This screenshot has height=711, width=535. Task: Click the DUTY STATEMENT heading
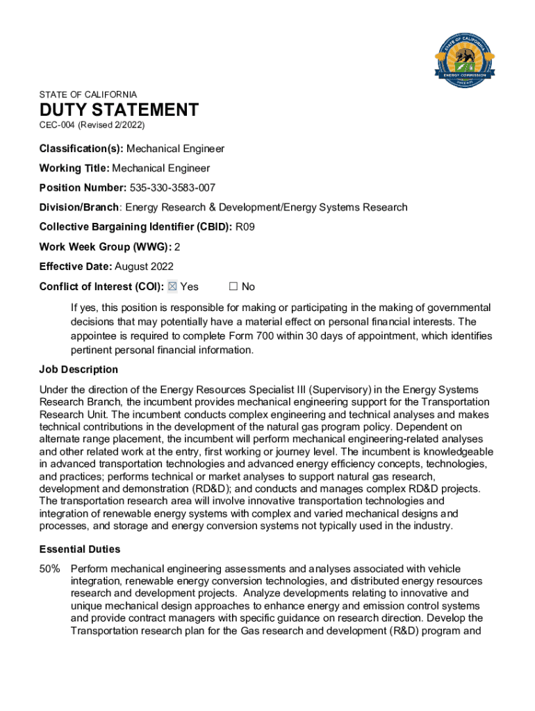tap(119, 110)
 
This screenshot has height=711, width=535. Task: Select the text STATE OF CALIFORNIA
tap(88, 94)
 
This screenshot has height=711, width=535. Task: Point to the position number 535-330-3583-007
tap(172, 188)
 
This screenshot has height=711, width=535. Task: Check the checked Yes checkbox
tap(173, 287)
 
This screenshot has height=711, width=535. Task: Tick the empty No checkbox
tap(233, 287)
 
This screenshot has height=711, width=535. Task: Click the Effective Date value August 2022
tap(144, 267)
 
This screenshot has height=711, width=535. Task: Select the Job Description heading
tap(79, 369)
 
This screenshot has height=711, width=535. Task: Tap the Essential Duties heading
tap(80, 549)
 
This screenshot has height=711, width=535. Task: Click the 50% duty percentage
tap(49, 569)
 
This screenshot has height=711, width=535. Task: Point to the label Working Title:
tap(74, 169)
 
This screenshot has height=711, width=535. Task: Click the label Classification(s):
tap(81, 149)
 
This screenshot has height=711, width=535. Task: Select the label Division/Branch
tap(79, 208)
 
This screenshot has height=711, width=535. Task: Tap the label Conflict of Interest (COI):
tap(101, 287)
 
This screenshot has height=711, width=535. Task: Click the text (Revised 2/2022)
tap(111, 126)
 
